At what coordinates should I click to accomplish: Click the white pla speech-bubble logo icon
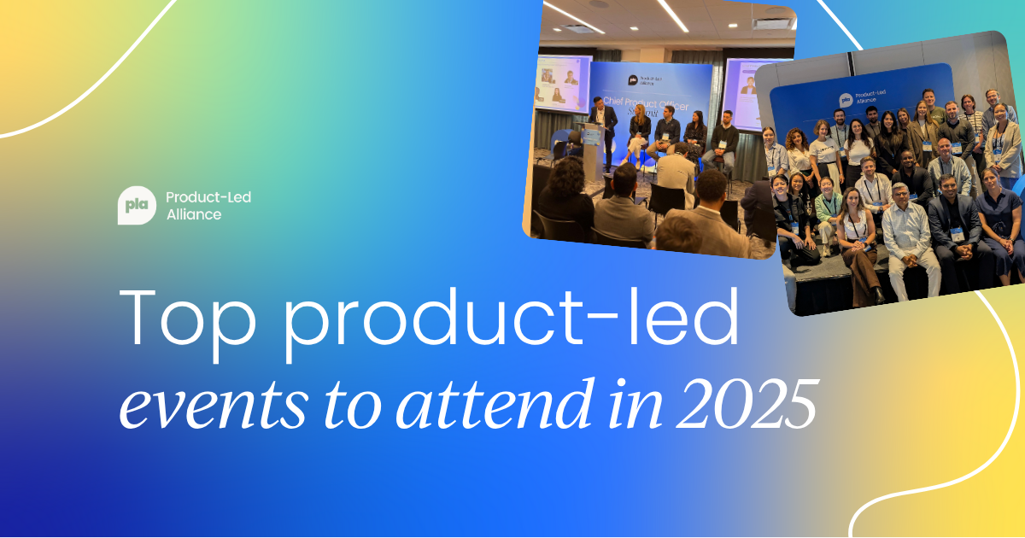(137, 206)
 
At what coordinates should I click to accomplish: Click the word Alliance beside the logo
(194, 214)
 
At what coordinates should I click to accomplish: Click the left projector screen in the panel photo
(563, 84)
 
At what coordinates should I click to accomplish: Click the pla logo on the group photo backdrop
(845, 101)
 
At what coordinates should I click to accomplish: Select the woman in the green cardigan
(827, 213)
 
